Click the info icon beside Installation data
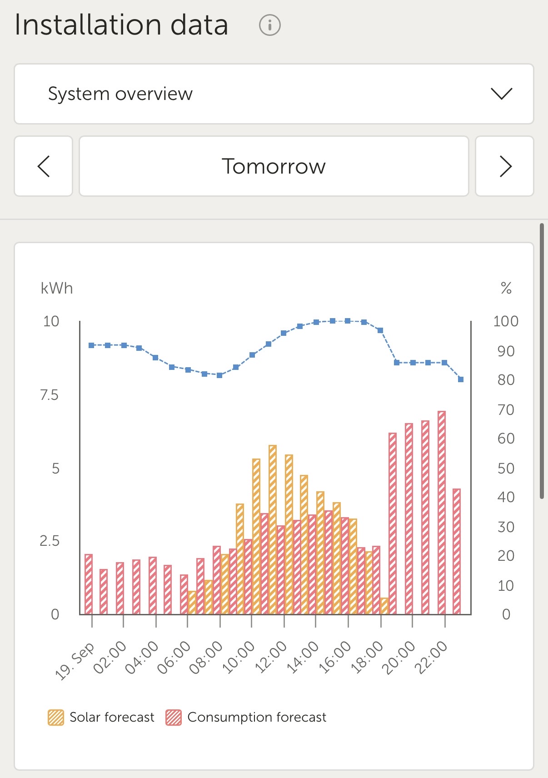point(270,25)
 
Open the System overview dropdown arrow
point(502,94)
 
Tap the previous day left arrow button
point(44,166)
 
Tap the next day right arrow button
point(505,166)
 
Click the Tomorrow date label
point(274,166)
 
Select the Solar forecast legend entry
point(101,717)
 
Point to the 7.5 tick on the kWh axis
point(50,395)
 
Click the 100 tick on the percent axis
point(506,321)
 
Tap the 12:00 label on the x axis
point(271,657)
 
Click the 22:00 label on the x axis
point(432,657)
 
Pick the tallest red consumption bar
point(442,512)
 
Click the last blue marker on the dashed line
point(461,379)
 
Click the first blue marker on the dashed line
point(91,345)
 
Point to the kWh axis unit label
point(57,289)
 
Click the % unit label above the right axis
point(506,288)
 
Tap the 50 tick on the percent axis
point(506,468)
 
